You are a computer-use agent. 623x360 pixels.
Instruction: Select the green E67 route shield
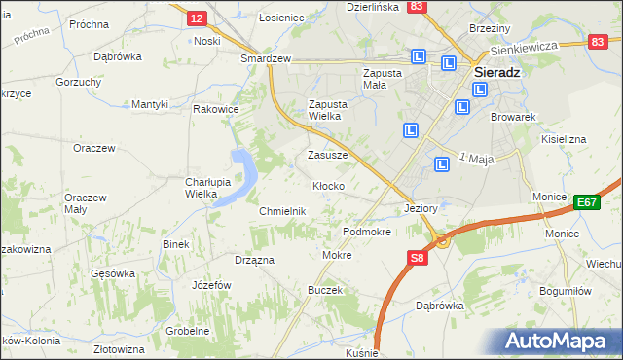point(585,201)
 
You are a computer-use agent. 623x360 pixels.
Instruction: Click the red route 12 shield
point(197,18)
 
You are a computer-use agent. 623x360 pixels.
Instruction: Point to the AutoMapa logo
point(557,342)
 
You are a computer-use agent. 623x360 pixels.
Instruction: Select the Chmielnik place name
point(283,211)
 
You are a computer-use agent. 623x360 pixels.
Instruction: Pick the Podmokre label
point(367,233)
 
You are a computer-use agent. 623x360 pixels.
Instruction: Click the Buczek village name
point(325,290)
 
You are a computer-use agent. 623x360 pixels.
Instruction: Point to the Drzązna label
point(254,260)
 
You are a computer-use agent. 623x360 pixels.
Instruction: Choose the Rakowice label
point(216,109)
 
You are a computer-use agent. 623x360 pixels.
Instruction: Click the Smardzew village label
point(266,58)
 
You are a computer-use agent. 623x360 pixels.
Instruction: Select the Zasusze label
point(328,155)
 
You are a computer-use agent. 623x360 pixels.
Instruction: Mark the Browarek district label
point(515,117)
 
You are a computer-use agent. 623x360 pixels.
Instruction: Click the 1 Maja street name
point(476,158)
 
